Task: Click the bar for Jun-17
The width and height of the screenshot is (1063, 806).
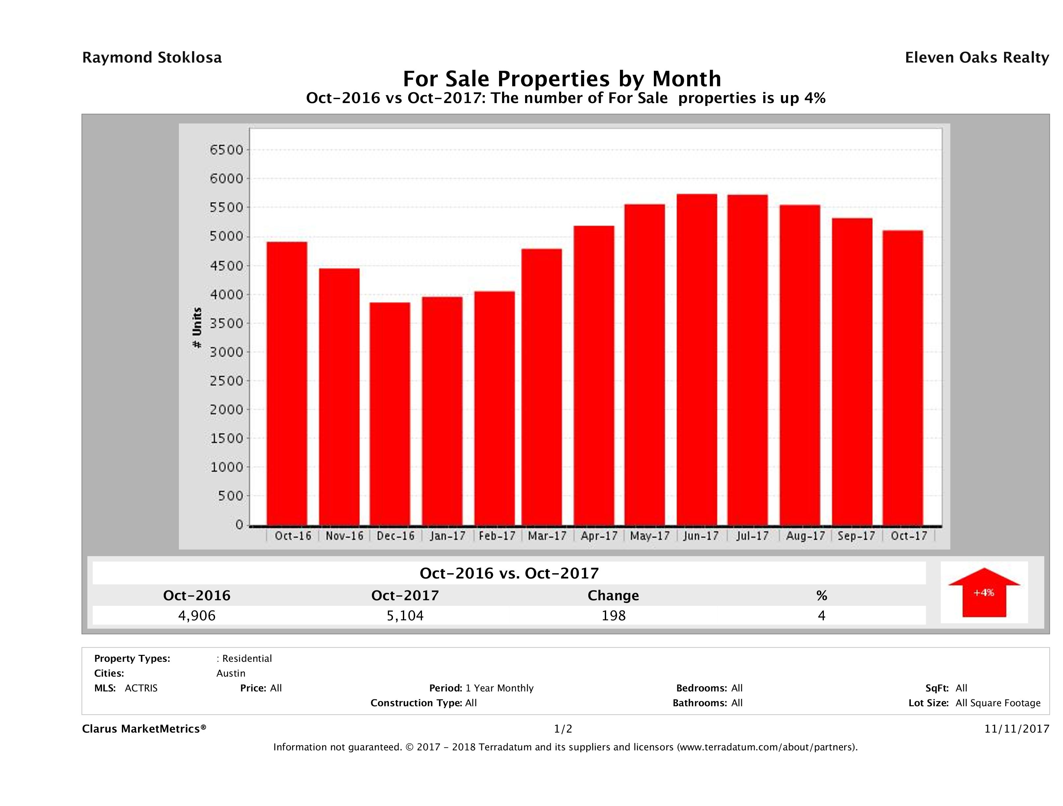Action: click(697, 360)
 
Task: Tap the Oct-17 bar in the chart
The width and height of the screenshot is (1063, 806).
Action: click(903, 378)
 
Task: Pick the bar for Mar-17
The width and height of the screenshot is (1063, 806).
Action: click(542, 387)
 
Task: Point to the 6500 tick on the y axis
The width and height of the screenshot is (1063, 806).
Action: click(226, 150)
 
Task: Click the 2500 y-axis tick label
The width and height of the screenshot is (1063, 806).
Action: click(226, 381)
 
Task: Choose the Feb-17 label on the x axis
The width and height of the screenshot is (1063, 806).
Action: click(497, 536)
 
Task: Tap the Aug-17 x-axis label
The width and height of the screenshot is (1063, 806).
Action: click(805, 536)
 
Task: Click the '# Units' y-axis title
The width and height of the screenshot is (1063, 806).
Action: click(197, 328)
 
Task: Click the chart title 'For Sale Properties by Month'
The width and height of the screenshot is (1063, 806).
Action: click(561, 78)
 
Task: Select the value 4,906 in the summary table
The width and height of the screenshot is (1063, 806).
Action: click(197, 615)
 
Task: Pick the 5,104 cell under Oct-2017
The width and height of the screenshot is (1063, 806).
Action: click(405, 615)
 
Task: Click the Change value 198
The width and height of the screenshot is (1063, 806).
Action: click(613, 615)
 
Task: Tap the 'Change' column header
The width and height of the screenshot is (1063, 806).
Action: click(613, 596)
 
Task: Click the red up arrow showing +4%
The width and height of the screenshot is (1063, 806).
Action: click(984, 592)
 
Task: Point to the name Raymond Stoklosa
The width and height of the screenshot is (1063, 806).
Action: click(152, 58)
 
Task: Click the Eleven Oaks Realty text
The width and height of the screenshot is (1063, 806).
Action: click(976, 58)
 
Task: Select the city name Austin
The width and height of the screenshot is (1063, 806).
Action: click(231, 673)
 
